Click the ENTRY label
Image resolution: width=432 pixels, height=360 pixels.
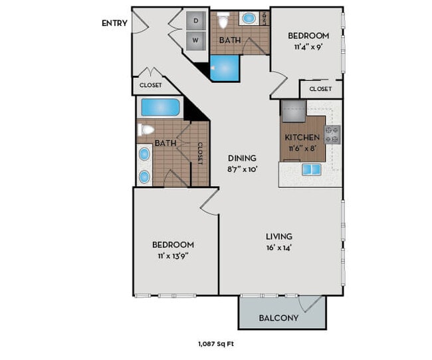point(114,23)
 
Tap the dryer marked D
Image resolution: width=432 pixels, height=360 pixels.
point(196,21)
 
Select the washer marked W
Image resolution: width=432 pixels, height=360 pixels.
point(196,41)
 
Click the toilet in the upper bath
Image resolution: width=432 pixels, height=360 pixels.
point(223,20)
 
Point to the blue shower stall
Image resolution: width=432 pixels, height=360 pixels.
point(225,68)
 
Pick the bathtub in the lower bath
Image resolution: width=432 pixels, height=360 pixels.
point(160,108)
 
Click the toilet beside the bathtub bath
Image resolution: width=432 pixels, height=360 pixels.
point(146,130)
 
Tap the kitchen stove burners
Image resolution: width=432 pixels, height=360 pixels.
point(332,135)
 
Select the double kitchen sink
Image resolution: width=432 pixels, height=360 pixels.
point(311,169)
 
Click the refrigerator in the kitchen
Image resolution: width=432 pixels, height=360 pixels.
point(294,111)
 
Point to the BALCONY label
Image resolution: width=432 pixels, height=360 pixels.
point(278,318)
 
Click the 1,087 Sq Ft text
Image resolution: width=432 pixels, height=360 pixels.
point(216,344)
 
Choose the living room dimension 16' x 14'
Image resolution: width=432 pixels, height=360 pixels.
point(279,248)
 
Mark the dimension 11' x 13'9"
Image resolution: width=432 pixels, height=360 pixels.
point(173,256)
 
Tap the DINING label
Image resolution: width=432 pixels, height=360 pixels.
point(242,158)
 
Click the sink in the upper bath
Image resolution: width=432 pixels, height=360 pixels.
point(249,19)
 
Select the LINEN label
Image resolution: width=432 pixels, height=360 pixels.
point(265,19)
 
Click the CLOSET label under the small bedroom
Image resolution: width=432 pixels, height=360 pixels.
point(320,89)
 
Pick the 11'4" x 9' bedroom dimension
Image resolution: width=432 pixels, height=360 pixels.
point(308,47)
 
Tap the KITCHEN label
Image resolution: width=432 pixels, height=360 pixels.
point(302,137)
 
